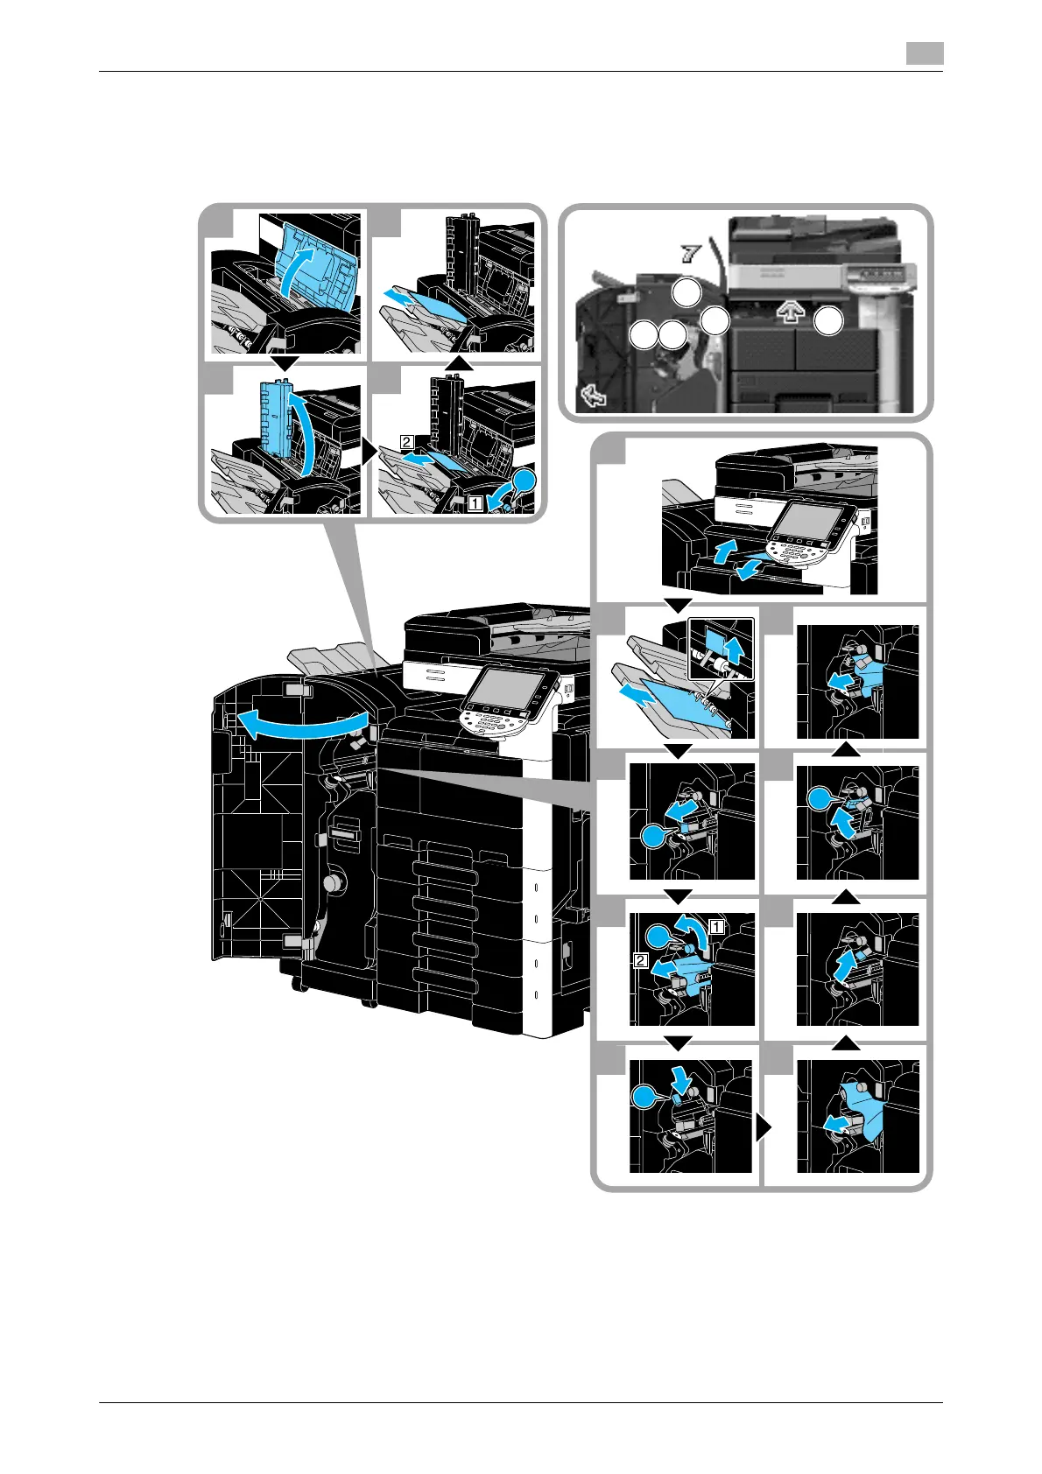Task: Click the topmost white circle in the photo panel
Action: pyautogui.click(x=687, y=292)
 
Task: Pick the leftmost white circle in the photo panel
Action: pyautogui.click(x=644, y=334)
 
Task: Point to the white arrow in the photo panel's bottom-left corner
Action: pyautogui.click(x=595, y=397)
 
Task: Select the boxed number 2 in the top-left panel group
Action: pyautogui.click(x=406, y=442)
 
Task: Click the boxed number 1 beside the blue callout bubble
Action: pyautogui.click(x=474, y=503)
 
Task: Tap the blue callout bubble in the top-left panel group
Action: pyautogui.click(x=523, y=481)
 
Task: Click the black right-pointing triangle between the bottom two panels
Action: pyautogui.click(x=764, y=1130)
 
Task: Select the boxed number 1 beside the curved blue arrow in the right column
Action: pyautogui.click(x=716, y=925)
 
